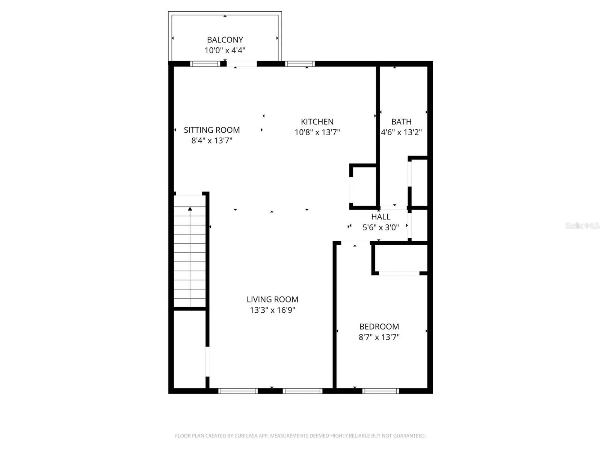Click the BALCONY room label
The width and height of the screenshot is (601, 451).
(x=225, y=39)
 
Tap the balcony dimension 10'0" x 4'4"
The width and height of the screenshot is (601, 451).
(x=225, y=50)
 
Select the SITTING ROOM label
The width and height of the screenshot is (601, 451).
(x=212, y=130)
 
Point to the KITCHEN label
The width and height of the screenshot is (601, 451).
(x=317, y=122)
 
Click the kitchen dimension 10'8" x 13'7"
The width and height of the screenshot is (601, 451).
(x=317, y=132)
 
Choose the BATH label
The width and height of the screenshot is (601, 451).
(x=401, y=122)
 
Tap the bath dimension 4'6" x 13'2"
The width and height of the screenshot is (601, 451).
(x=401, y=132)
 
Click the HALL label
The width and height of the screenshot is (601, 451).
(x=381, y=217)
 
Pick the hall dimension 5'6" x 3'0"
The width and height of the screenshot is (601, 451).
(x=381, y=227)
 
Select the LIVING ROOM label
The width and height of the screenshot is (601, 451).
(x=272, y=300)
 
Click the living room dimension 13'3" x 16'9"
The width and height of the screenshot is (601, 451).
(x=272, y=310)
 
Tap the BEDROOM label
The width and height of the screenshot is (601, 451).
(x=379, y=327)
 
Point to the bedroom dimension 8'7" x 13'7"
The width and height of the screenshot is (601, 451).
(x=379, y=337)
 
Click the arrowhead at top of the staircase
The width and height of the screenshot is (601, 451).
(x=190, y=209)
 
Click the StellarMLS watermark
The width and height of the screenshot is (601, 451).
(x=582, y=225)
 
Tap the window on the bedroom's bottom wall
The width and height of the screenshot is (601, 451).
(x=381, y=391)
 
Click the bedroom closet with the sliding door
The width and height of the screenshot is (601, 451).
(x=400, y=259)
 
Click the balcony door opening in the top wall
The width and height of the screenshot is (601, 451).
(x=242, y=64)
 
